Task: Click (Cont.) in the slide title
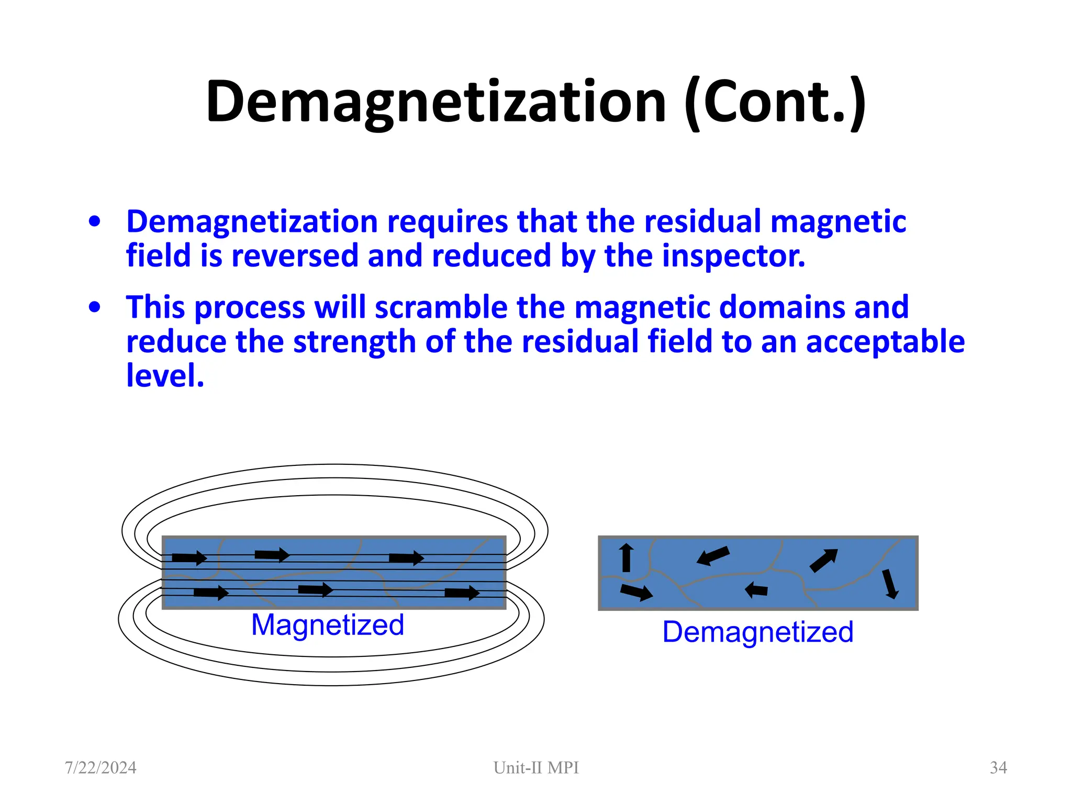click(x=775, y=102)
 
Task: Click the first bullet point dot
click(x=94, y=221)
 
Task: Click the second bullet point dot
click(x=94, y=307)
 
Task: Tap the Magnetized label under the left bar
click(x=328, y=625)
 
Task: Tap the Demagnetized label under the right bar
click(x=757, y=632)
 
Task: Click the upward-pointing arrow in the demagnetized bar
click(x=626, y=557)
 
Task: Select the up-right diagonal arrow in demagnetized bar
click(x=823, y=561)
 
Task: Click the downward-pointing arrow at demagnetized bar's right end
click(x=890, y=584)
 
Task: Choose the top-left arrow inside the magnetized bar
click(x=189, y=558)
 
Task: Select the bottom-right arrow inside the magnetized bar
click(x=462, y=593)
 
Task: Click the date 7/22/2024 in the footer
click(x=100, y=768)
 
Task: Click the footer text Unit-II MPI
click(x=536, y=768)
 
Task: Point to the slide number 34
click(x=998, y=768)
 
